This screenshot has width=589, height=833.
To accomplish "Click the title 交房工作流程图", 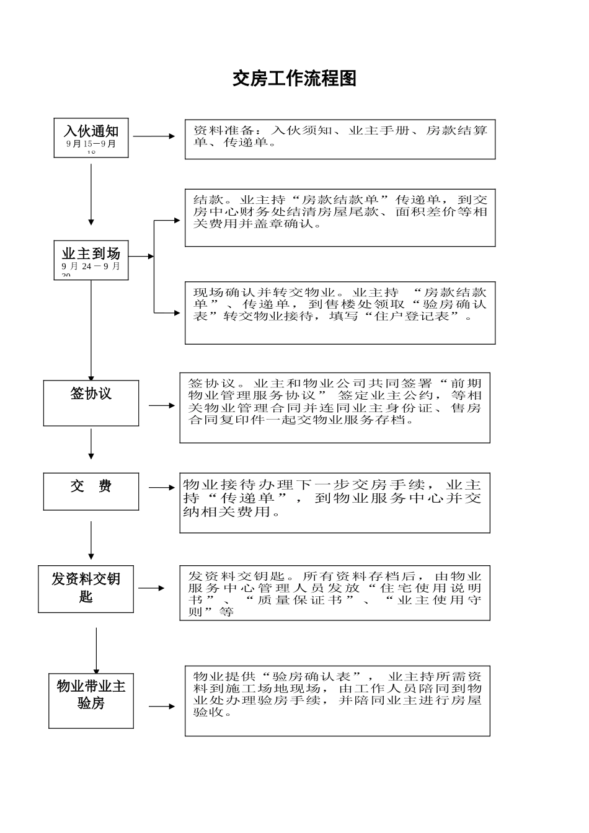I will tap(294, 79).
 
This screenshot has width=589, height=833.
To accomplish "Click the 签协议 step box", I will tap(91, 403).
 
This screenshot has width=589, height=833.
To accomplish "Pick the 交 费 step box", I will tap(91, 491).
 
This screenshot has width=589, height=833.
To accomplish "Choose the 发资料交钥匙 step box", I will tap(86, 589).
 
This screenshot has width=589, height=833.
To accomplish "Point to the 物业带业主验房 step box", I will tap(91, 700).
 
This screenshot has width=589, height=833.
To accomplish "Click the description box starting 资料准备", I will tap(340, 139).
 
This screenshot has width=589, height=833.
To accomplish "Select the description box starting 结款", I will tap(340, 218).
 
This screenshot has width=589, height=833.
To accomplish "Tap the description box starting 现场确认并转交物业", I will tap(340, 313).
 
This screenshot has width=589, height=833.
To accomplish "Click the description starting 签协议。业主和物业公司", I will tap(335, 407).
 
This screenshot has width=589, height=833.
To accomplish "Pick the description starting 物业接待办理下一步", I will tap(335, 502).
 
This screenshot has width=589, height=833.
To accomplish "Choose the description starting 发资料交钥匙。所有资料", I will tap(335, 593).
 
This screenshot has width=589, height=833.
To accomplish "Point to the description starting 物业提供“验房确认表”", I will tap(337, 700).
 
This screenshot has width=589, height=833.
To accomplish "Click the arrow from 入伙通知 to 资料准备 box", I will tap(155, 136).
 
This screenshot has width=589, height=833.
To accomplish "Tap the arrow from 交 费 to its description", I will tap(162, 488).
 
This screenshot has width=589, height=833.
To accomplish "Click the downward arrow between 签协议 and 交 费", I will tap(91, 444).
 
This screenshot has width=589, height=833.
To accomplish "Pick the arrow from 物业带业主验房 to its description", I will tap(162, 707).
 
